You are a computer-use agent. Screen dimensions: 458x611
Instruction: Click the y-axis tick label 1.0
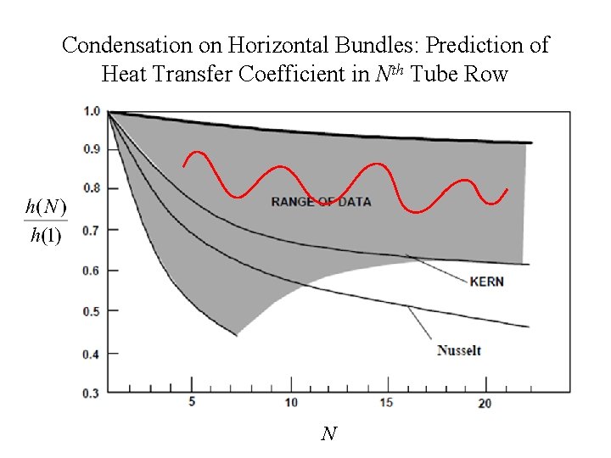tap(92, 110)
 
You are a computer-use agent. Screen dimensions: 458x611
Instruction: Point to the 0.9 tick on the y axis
tap(92, 149)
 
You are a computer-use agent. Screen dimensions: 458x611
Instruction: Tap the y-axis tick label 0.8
tap(92, 189)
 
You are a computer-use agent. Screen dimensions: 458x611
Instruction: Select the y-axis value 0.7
tap(92, 230)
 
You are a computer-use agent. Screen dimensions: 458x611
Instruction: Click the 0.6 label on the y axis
tap(92, 271)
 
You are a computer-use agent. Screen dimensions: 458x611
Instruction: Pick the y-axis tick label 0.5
tap(92, 311)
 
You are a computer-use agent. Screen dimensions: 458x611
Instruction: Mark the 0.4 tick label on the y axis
tap(92, 353)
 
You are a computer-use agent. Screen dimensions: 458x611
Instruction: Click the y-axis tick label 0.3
tap(92, 393)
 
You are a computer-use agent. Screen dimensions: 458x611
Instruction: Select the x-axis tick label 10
tap(291, 402)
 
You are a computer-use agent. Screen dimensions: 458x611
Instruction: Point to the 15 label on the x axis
tap(387, 402)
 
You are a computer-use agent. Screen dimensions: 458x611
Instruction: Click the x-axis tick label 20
tap(484, 403)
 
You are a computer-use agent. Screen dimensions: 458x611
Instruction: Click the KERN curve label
tap(486, 281)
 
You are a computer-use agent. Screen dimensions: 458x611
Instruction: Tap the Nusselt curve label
tap(459, 349)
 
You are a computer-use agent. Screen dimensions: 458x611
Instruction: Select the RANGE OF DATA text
tap(321, 202)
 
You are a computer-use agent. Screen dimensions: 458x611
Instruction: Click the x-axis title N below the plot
tap(329, 434)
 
